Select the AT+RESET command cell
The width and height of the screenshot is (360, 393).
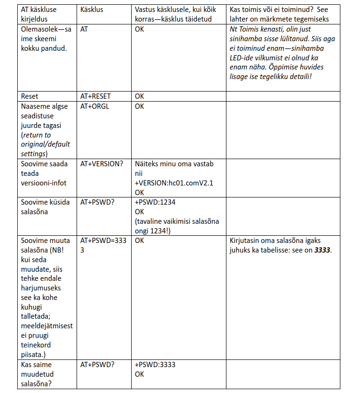pyautogui.click(x=95, y=96)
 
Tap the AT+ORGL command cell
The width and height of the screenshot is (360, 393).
pyautogui.click(x=94, y=106)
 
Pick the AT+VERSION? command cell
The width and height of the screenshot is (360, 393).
pyautogui.click(x=101, y=164)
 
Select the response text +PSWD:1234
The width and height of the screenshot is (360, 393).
pyautogui.click(x=155, y=202)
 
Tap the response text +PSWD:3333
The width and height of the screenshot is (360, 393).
pyautogui.click(x=155, y=365)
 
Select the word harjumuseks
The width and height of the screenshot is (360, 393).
pyautogui.click(x=41, y=288)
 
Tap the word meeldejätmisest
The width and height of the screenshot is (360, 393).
pyautogui.click(x=47, y=326)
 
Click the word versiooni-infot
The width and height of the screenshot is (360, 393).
pyautogui.click(x=44, y=183)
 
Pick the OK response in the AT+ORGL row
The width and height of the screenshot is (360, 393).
pyautogui.click(x=139, y=106)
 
